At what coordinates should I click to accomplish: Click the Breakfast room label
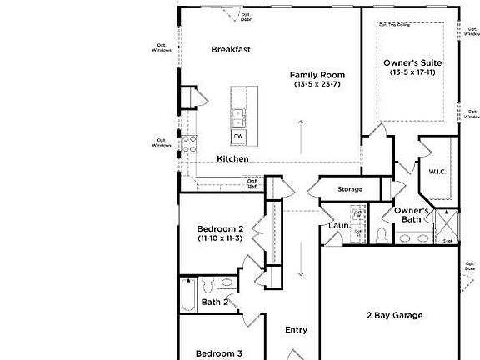[231, 49]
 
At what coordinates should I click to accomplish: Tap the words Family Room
[317, 74]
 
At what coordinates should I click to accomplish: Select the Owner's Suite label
[412, 62]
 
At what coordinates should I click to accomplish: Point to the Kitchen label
[232, 158]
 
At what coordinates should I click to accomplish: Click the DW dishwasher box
[238, 137]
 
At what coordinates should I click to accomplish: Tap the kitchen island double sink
[238, 116]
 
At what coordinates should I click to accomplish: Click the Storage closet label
[350, 189]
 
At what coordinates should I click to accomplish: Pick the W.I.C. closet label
[438, 172]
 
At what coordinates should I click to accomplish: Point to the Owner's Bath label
[412, 215]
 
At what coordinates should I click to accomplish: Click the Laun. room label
[338, 225]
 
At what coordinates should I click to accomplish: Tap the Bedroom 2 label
[220, 228]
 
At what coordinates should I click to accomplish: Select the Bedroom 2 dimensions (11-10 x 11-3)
[220, 238]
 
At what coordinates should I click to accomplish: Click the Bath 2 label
[215, 302]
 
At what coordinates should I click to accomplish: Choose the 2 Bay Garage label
[394, 315]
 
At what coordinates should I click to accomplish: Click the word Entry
[296, 330]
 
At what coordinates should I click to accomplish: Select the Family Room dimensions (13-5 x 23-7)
[317, 84]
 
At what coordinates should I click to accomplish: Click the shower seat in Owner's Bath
[447, 240]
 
